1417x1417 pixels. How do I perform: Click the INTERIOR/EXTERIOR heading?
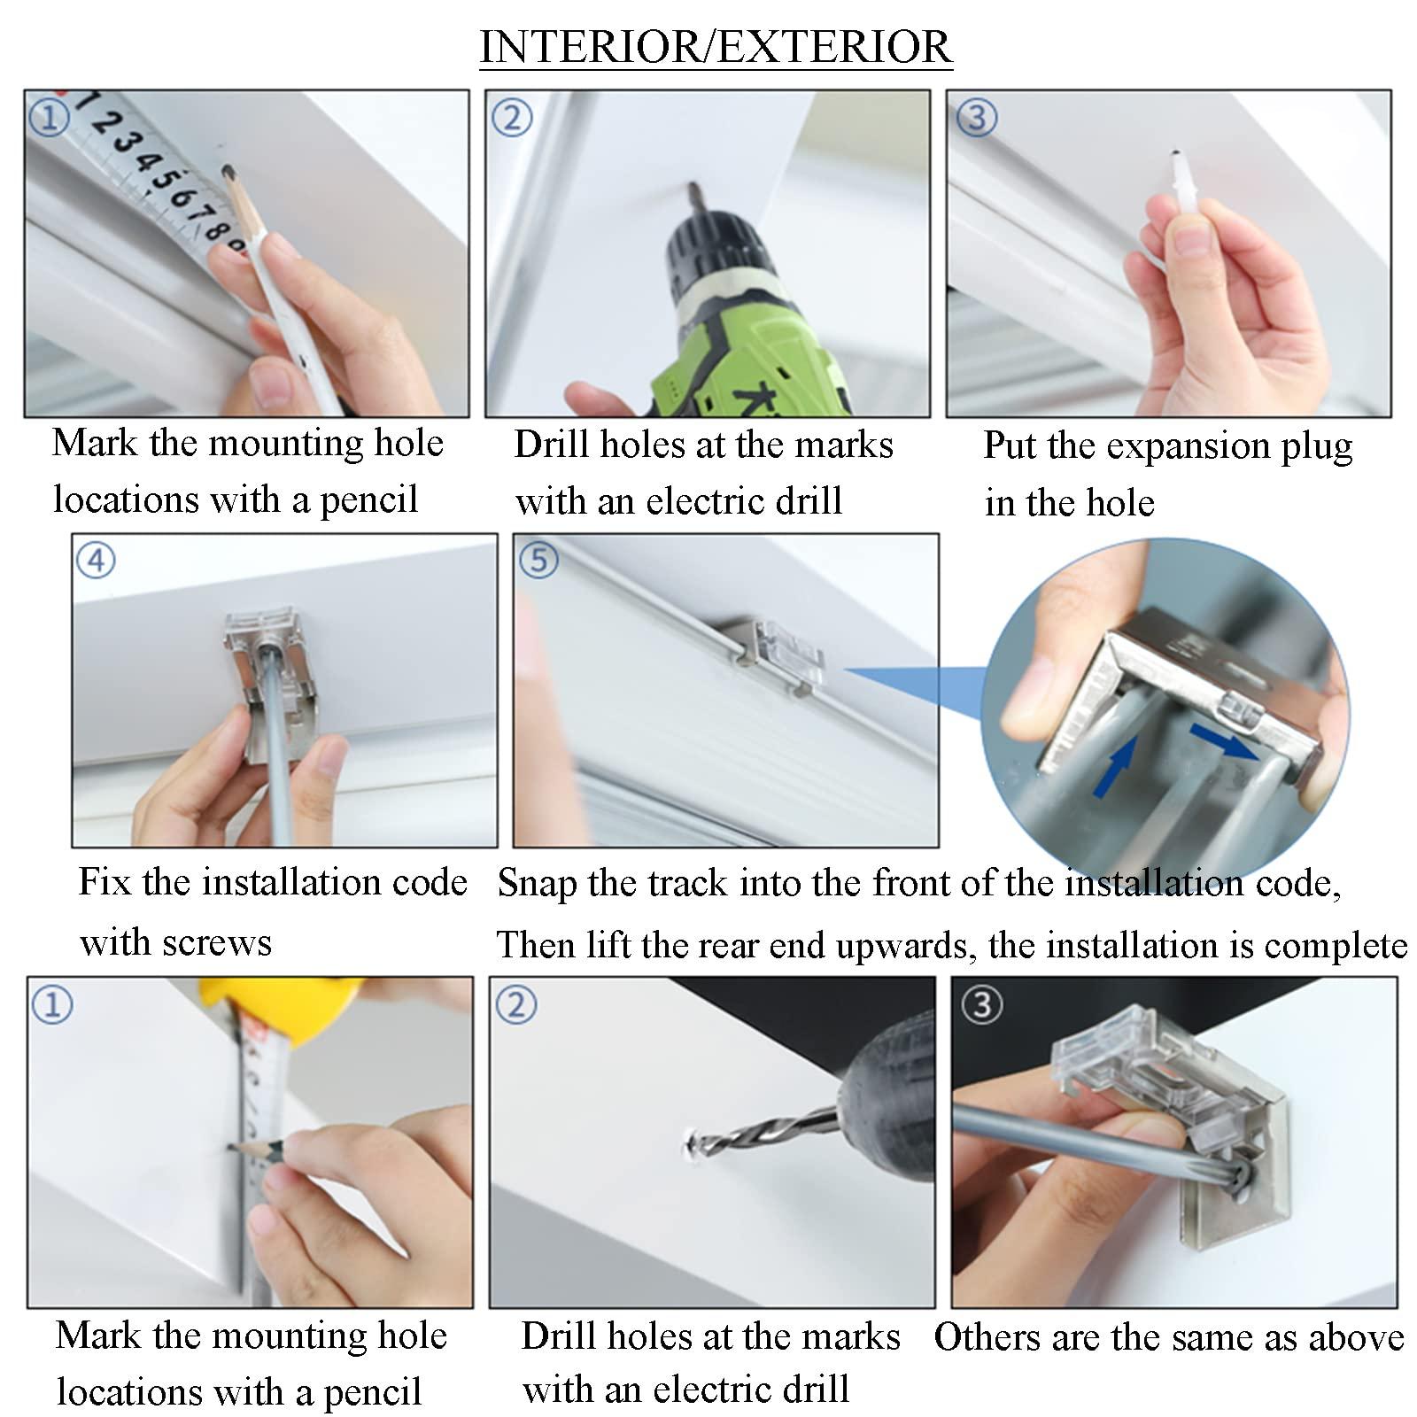click(716, 47)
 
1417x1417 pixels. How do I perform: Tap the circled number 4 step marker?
click(96, 560)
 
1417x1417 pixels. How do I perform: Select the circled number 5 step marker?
click(539, 560)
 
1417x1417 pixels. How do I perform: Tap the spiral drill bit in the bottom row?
click(766, 1134)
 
